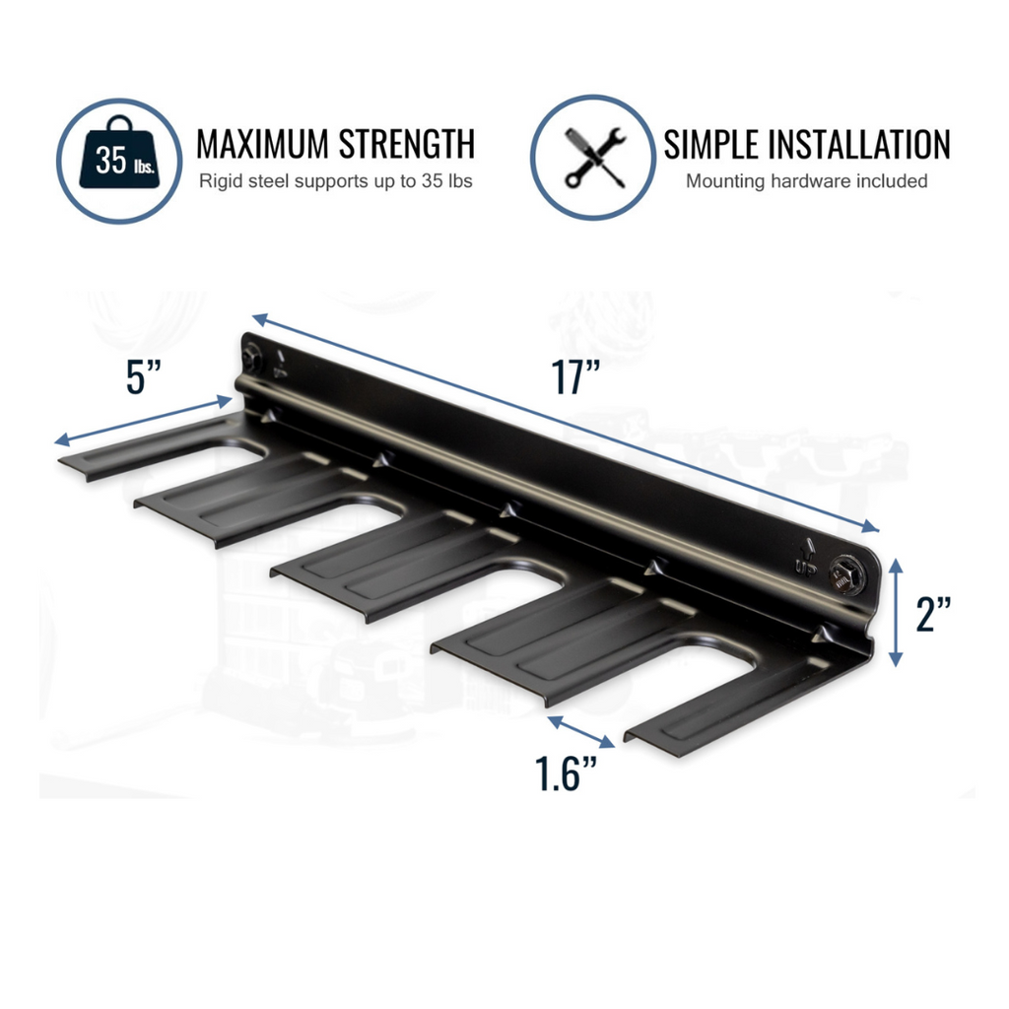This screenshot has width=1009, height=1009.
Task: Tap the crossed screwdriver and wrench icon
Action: pyautogui.click(x=593, y=158)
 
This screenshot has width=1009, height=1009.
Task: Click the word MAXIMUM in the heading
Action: pyautogui.click(x=263, y=144)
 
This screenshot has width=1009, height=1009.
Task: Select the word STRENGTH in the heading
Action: pyautogui.click(x=407, y=144)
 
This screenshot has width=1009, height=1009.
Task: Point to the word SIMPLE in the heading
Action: pyautogui.click(x=710, y=144)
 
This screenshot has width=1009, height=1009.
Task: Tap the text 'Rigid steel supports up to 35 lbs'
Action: pyautogui.click(x=335, y=181)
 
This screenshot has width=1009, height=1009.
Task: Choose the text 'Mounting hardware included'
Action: pyautogui.click(x=806, y=181)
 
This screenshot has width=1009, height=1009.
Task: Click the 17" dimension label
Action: pyautogui.click(x=575, y=377)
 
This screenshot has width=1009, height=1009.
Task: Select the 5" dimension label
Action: pyautogui.click(x=143, y=376)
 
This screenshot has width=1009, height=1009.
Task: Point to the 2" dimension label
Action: pyautogui.click(x=933, y=613)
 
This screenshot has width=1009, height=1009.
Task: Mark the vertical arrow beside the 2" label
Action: pyautogui.click(x=896, y=612)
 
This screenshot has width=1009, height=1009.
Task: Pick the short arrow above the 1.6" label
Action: pyautogui.click(x=581, y=732)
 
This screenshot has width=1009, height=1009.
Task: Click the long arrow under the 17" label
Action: pyautogui.click(x=566, y=423)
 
